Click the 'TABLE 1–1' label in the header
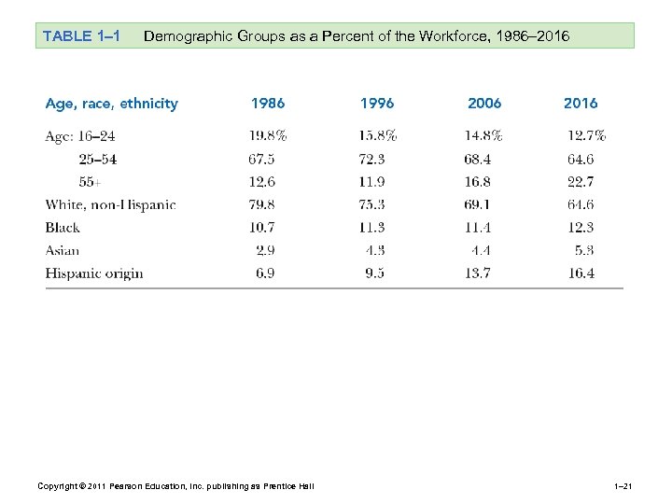coord(80,36)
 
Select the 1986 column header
coord(268,104)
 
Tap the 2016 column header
coord(581,104)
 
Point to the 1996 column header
coord(377,104)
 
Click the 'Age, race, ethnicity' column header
coord(112,104)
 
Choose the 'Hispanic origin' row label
coord(94,273)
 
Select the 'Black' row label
coord(63,228)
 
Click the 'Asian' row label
coord(63,250)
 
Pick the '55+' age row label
coord(91,182)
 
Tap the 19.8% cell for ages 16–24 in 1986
coord(268,136)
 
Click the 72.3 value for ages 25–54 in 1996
coord(377,159)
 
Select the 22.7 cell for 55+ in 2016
coord(581,182)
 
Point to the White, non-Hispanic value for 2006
coord(483,204)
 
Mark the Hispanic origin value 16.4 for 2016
coord(581,273)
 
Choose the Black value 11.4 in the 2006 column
coord(483,228)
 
